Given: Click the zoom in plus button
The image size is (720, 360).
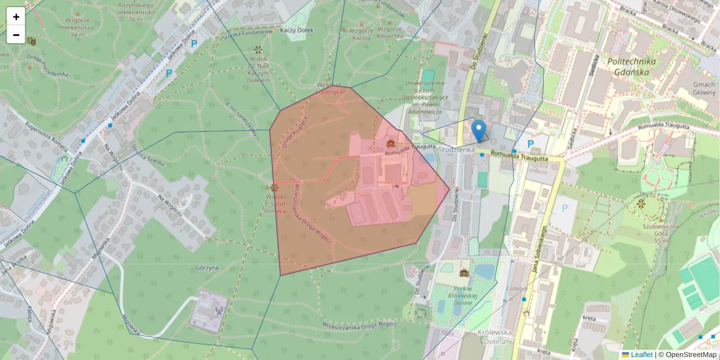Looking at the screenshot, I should click(x=16, y=16).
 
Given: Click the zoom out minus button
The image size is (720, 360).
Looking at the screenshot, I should click(x=16, y=35).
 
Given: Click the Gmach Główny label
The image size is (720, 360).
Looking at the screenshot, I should click(x=704, y=88).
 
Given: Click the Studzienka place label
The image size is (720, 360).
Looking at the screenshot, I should click(x=457, y=148).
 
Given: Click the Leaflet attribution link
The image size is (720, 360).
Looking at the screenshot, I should click(x=641, y=355).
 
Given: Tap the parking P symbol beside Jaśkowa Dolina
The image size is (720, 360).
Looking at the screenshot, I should click(x=169, y=73).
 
